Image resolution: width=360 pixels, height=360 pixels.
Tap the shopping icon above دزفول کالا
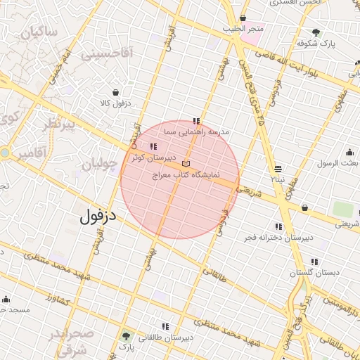115,92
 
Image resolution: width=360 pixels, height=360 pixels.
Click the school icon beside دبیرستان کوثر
153,147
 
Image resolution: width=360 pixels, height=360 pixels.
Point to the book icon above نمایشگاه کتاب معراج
186,163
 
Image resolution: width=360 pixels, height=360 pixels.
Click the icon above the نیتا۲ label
279,169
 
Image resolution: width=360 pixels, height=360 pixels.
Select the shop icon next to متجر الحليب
243,18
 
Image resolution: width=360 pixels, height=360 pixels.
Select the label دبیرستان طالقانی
166,337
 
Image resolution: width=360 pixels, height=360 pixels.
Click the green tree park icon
126,335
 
